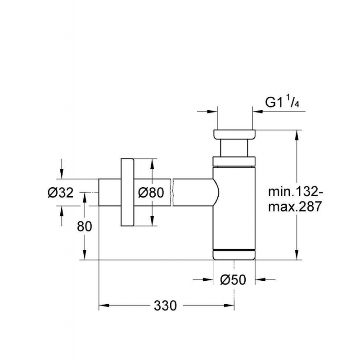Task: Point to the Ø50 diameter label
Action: [x=233, y=279]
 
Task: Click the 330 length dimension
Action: [x=166, y=306]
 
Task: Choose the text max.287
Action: [x=295, y=207]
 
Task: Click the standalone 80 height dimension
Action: [x=84, y=226]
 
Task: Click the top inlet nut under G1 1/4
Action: [x=234, y=135]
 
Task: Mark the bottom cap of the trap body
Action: [x=234, y=254]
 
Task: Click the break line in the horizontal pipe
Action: [x=172, y=192]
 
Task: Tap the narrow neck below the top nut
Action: [x=234, y=148]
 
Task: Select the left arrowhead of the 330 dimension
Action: [x=102, y=306]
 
